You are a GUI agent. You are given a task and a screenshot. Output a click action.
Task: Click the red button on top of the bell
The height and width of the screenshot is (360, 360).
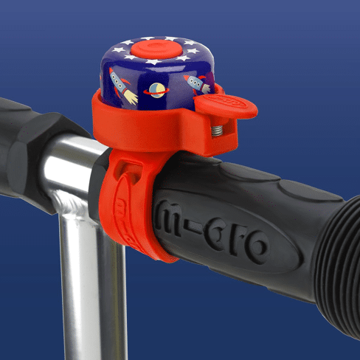click(156, 49)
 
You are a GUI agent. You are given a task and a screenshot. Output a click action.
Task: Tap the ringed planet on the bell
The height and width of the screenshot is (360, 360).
click(156, 91)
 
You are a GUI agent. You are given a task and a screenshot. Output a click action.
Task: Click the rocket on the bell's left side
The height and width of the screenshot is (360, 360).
click(122, 86)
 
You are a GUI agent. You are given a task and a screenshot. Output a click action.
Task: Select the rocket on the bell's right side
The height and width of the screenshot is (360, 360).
click(198, 84)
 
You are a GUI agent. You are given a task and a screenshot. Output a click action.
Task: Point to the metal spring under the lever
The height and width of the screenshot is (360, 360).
click(217, 131)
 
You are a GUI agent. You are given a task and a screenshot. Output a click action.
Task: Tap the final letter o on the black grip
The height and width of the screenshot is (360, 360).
click(255, 248)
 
